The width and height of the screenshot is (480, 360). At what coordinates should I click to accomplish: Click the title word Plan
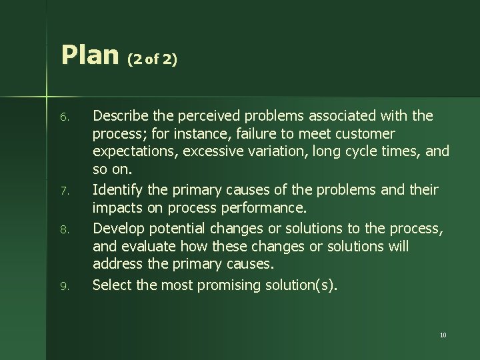tap(89, 55)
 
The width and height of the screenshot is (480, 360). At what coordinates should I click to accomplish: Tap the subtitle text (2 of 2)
tap(152, 59)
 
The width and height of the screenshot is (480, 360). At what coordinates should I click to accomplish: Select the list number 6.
tap(63, 117)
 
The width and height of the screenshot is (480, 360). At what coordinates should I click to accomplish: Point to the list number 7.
tap(63, 192)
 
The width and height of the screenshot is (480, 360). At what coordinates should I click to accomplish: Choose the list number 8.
tap(63, 229)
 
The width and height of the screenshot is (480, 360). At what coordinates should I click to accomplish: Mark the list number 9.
tap(63, 286)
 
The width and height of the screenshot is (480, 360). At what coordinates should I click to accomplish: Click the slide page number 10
tap(443, 335)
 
